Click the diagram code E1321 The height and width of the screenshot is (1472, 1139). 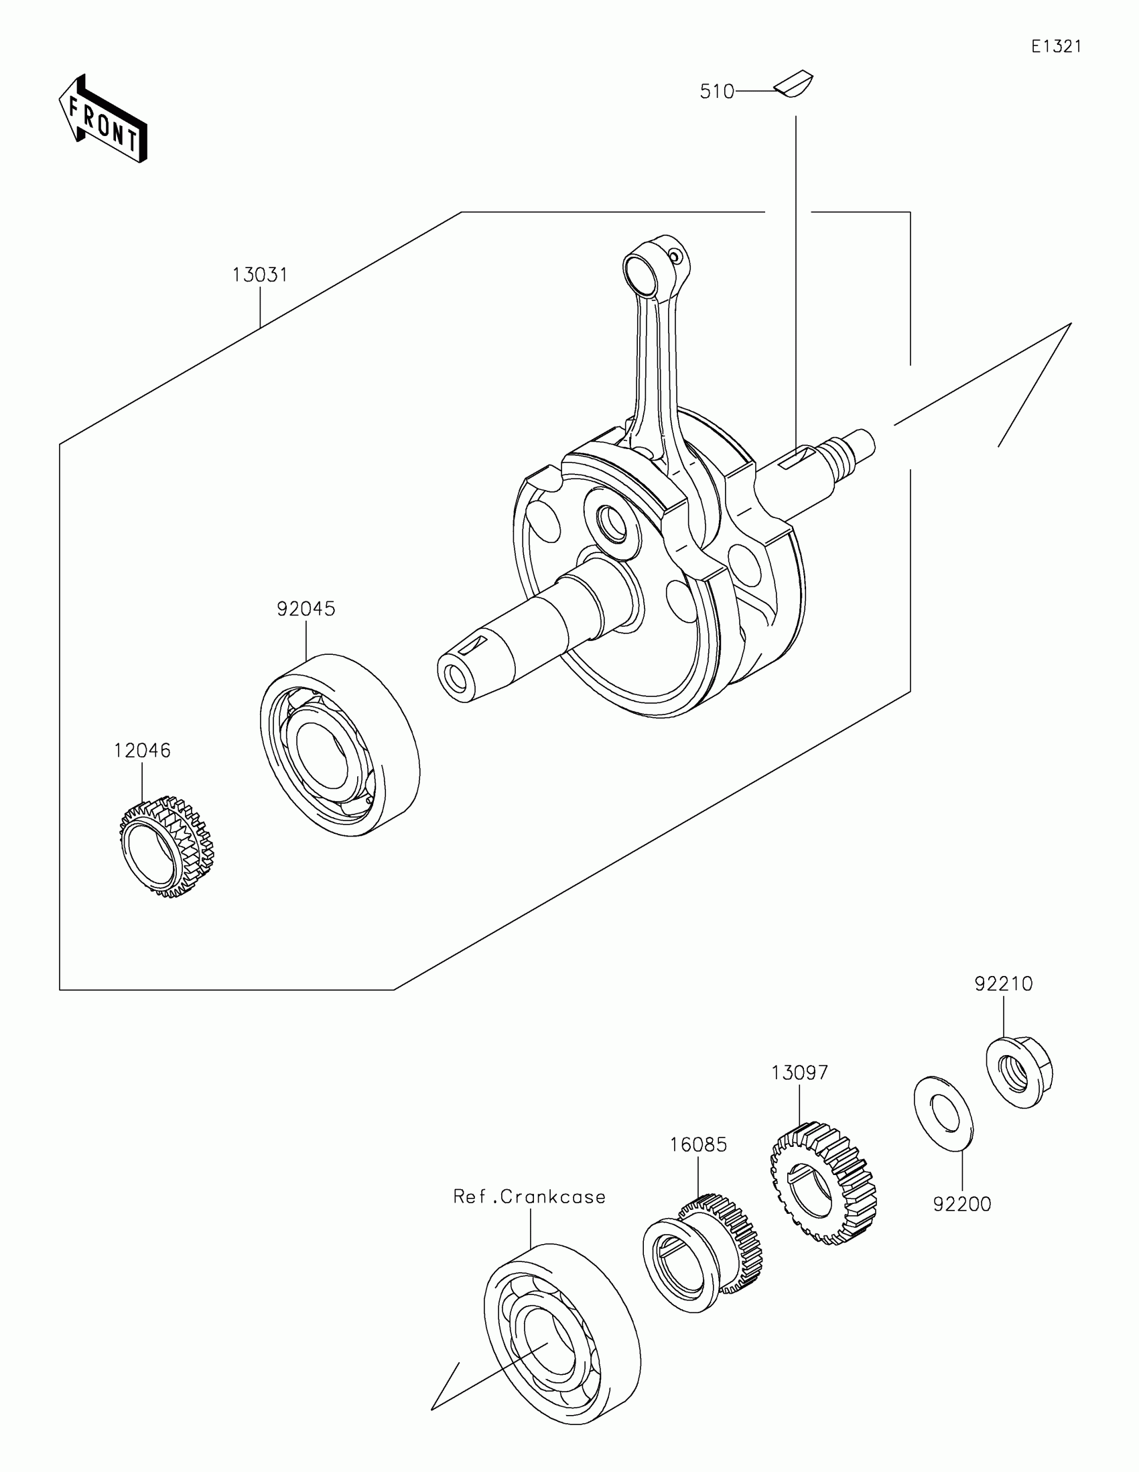click(x=1056, y=46)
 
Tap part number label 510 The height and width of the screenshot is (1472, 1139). click(x=717, y=92)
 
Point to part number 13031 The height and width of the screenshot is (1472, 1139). click(x=260, y=275)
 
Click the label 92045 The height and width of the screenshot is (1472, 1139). click(x=306, y=609)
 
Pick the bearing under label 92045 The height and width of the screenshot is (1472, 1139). click(x=340, y=744)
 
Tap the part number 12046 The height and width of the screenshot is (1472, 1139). click(x=142, y=750)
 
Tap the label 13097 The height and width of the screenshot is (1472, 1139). click(x=799, y=1072)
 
